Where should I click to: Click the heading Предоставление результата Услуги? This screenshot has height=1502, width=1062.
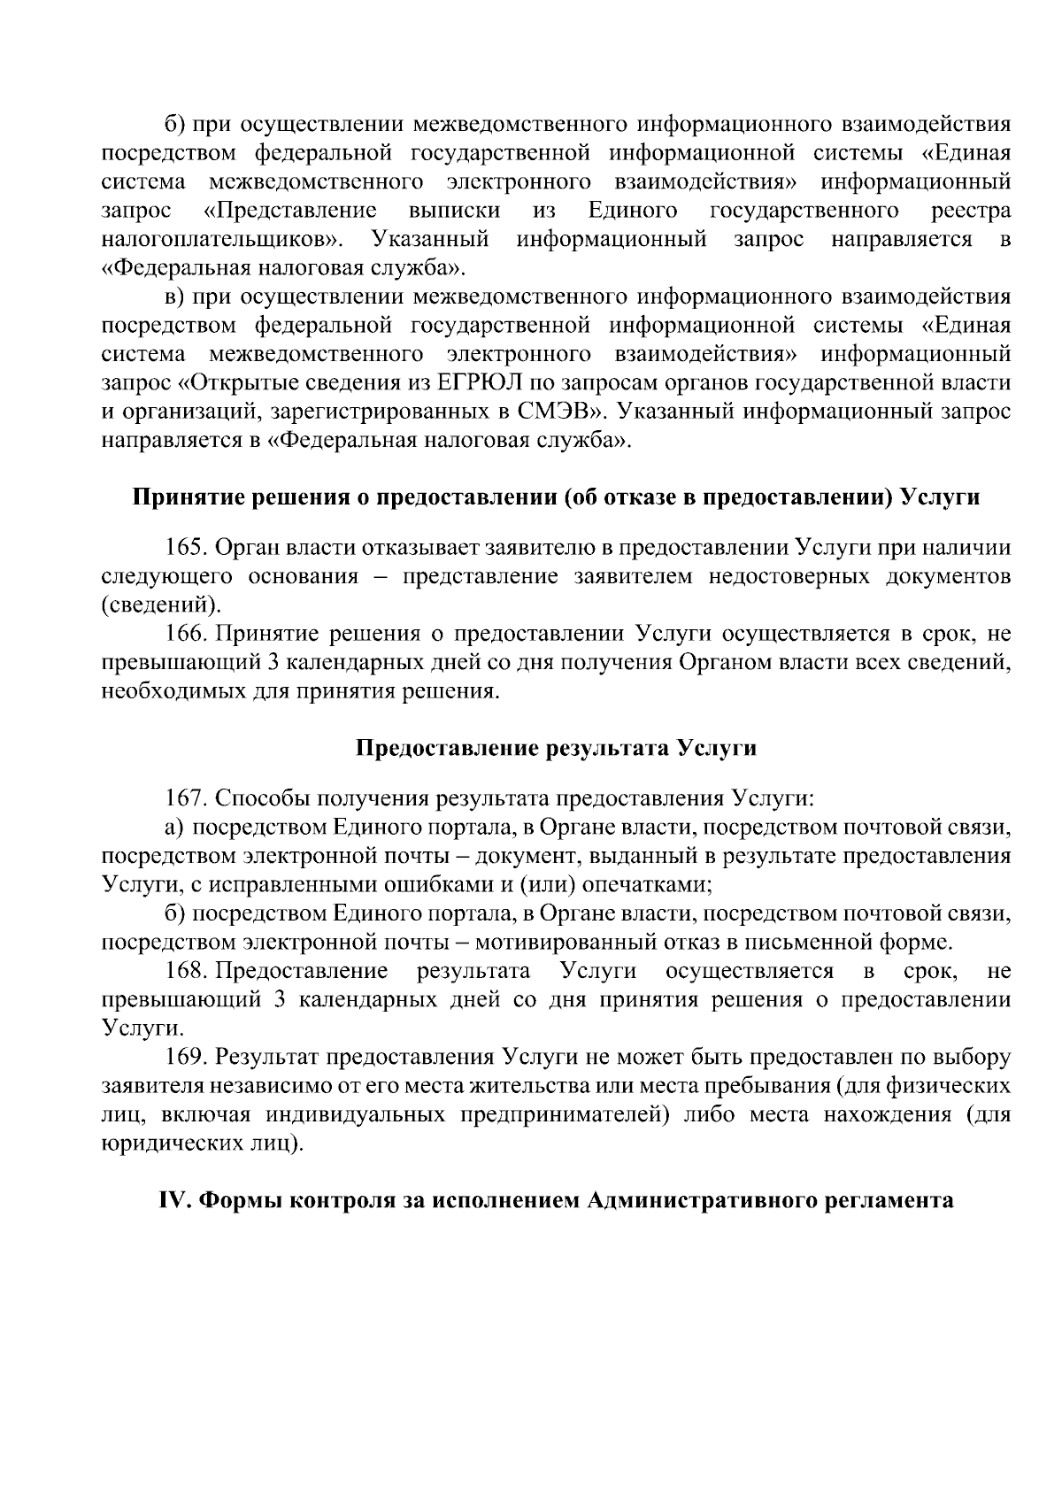[x=556, y=749]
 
